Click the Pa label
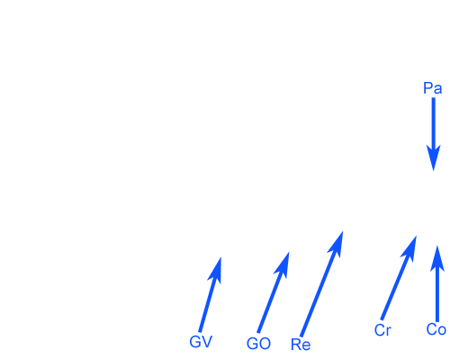click(x=433, y=88)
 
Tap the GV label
click(x=201, y=342)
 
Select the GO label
click(x=258, y=344)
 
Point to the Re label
click(x=301, y=345)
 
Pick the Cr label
click(x=382, y=330)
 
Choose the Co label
click(x=436, y=329)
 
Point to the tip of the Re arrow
click(x=343, y=231)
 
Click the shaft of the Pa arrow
click(x=434, y=123)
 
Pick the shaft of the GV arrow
click(x=207, y=304)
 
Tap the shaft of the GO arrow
click(x=269, y=302)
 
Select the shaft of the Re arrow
click(x=319, y=293)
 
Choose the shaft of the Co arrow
click(x=437, y=295)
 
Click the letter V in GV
click(x=207, y=342)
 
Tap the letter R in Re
click(x=296, y=345)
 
